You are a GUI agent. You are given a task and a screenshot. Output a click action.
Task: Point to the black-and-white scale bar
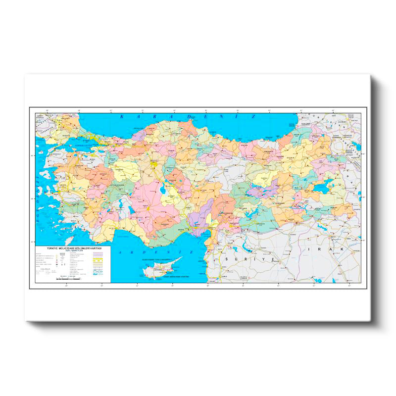click(64, 279)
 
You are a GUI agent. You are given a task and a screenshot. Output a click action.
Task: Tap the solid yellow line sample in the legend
click(101, 258)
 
